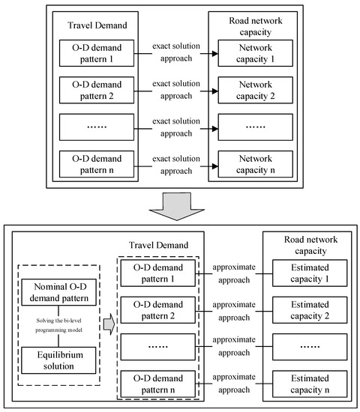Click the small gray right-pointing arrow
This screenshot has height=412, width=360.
click(x=108, y=326)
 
